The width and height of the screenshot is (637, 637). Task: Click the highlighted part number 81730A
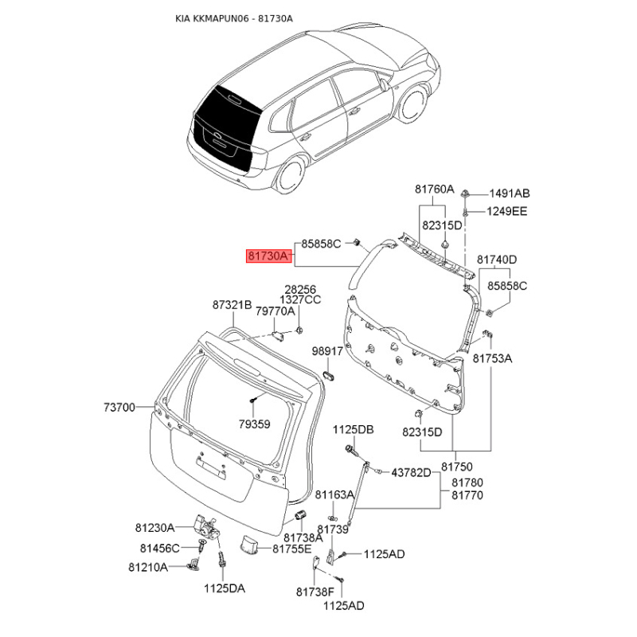(269, 256)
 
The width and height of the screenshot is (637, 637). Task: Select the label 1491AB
(510, 193)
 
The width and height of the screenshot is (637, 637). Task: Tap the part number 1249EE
(506, 211)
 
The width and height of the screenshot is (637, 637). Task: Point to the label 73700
(119, 407)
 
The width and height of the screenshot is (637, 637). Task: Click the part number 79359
(254, 424)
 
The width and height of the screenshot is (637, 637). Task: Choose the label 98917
(327, 351)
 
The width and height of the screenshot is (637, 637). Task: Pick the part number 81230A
(154, 528)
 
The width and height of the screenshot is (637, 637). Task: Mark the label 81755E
(292, 549)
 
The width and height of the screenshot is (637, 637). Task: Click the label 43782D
(411, 472)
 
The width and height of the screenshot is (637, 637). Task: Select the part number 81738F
(315, 592)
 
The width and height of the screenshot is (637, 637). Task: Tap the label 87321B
(232, 305)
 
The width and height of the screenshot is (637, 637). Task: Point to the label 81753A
(492, 358)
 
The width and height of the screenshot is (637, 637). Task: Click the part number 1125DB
(354, 429)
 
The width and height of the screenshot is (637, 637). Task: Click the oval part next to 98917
(328, 375)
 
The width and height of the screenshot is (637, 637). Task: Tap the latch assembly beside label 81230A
(206, 526)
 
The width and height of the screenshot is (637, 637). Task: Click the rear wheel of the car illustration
(291, 174)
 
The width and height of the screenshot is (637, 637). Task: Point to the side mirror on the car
(383, 84)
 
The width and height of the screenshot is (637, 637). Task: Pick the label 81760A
(434, 190)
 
